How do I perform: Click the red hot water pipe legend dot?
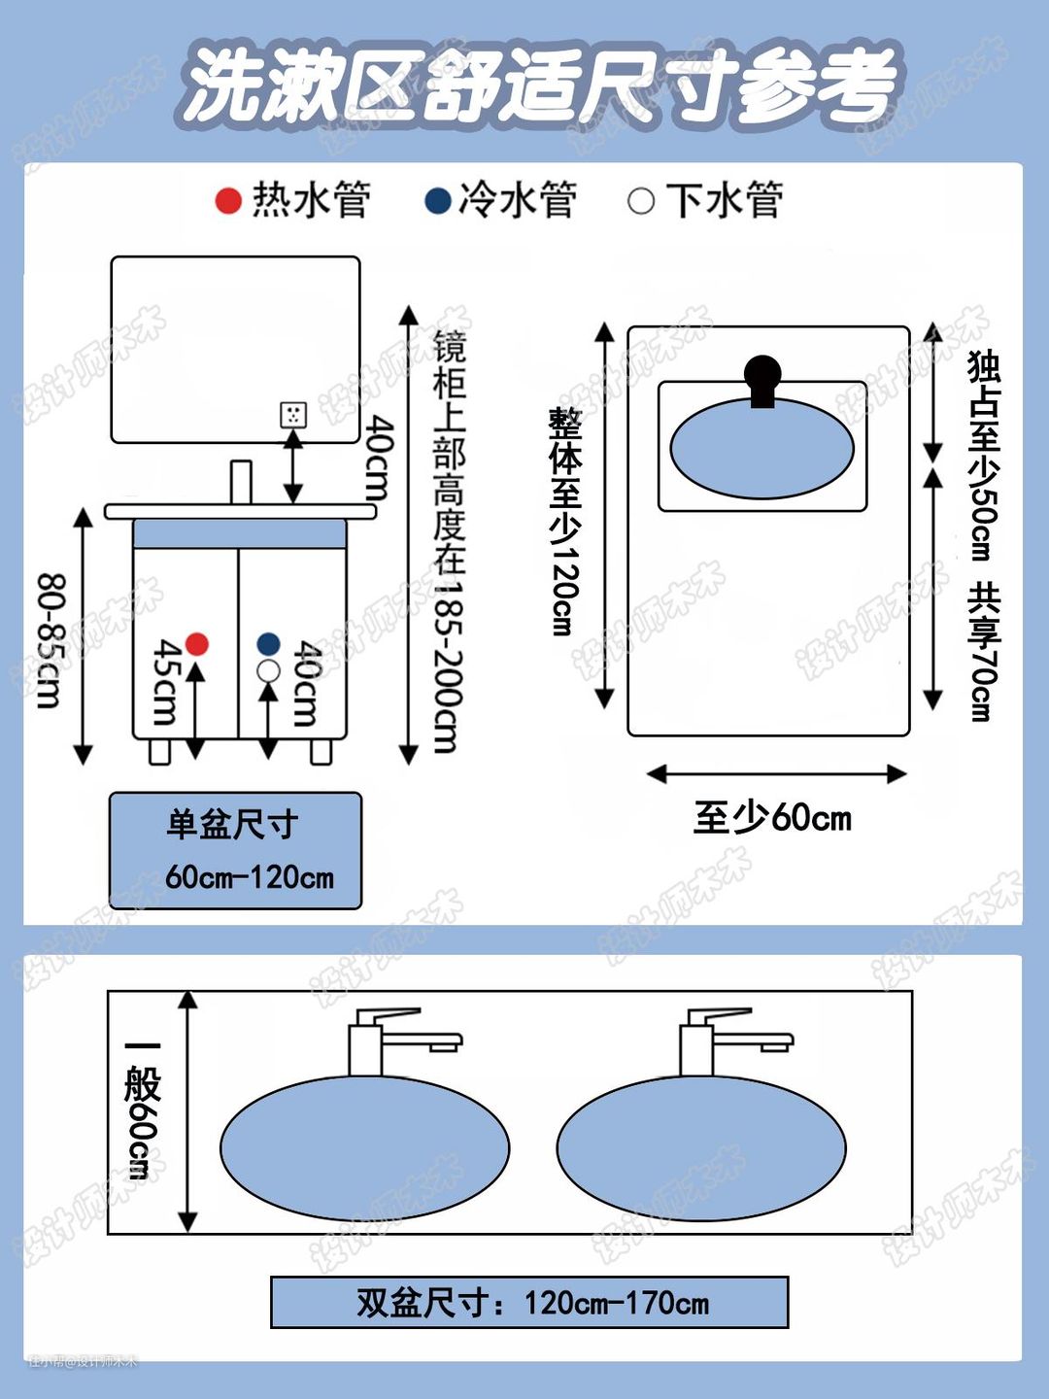click(228, 201)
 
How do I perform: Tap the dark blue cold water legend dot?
click(438, 201)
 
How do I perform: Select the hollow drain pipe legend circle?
click(641, 201)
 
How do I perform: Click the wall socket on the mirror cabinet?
click(293, 415)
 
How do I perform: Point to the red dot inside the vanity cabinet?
click(197, 643)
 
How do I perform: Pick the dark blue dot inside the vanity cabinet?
click(269, 643)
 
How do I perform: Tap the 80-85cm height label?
click(51, 640)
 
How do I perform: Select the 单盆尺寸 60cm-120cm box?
click(235, 851)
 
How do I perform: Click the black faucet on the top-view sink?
click(762, 380)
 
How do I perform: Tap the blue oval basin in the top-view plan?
click(761, 449)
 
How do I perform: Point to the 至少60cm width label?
click(772, 818)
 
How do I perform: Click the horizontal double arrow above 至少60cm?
click(776, 773)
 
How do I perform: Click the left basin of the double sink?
click(365, 1148)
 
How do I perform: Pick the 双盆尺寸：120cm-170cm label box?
click(529, 1303)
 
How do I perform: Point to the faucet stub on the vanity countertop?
click(241, 482)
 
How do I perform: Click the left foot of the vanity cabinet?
click(160, 751)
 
